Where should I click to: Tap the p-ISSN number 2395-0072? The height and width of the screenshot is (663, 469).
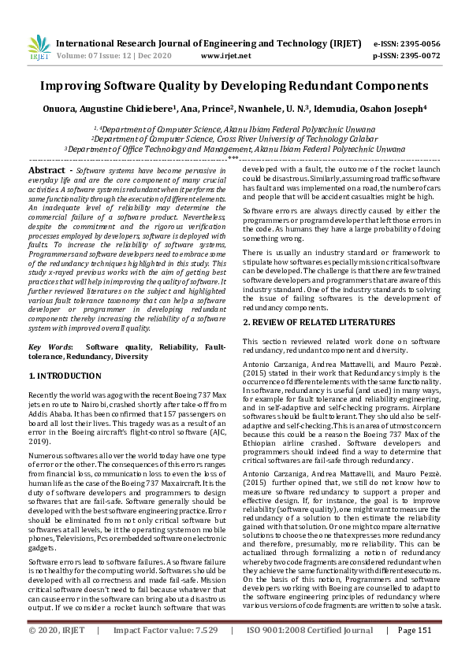click(x=421, y=56)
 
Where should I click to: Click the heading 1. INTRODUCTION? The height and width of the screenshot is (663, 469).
click(x=69, y=376)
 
